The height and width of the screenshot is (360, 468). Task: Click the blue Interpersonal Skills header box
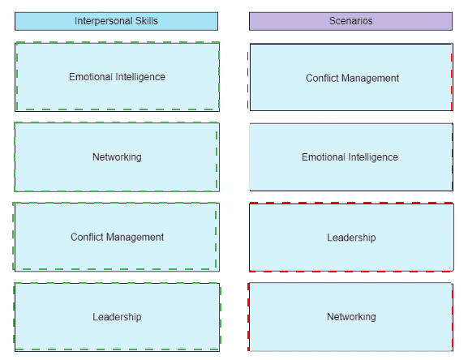117,21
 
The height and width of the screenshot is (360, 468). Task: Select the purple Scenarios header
350,21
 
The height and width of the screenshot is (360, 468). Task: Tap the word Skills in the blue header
146,21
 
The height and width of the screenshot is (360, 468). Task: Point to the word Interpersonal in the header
104,21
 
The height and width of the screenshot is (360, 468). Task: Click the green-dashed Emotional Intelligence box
117,77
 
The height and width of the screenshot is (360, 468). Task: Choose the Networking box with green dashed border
117,156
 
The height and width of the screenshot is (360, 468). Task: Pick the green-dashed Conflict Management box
117,237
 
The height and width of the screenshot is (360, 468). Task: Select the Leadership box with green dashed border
117,317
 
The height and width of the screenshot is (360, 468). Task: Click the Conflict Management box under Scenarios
351,77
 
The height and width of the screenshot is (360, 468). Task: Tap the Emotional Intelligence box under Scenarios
351,156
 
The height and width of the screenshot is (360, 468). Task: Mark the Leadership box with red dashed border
351,237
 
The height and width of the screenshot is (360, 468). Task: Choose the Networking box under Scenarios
350,317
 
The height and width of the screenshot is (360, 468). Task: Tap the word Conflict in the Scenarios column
322,78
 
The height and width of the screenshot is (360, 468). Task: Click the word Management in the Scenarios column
370,79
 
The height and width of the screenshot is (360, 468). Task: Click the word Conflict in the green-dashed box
87,237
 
